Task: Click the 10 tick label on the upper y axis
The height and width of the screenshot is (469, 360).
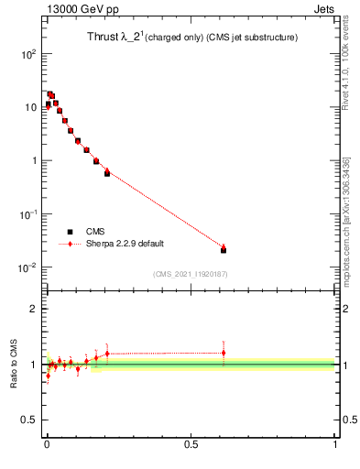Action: tap(30, 107)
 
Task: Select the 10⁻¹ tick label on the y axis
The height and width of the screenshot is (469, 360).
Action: tap(27, 214)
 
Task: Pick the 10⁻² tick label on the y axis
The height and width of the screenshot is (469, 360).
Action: tap(27, 267)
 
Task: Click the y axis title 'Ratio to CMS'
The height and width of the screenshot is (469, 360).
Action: tap(14, 365)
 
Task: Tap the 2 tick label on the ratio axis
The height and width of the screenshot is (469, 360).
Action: tap(33, 309)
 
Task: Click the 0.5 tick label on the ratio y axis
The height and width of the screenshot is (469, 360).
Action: tap(28, 420)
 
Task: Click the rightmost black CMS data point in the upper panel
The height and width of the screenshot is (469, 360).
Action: tap(224, 250)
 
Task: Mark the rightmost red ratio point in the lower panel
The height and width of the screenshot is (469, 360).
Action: tap(224, 353)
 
